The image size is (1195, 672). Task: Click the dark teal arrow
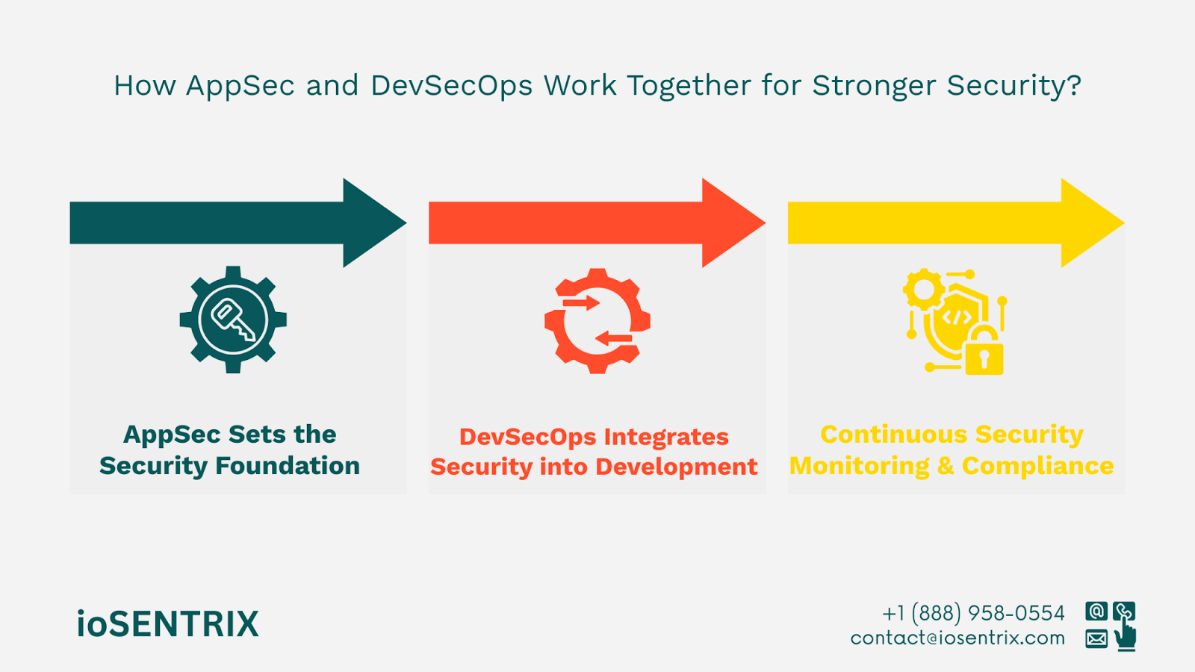click(238, 223)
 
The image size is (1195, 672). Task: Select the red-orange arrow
click(597, 223)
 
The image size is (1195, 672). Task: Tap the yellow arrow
click(956, 223)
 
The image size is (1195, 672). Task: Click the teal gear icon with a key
click(233, 320)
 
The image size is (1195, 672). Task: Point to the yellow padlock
click(984, 352)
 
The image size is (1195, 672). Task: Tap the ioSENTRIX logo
click(167, 623)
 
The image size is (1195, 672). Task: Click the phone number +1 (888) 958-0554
click(974, 613)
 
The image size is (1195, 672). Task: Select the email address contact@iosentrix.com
click(957, 638)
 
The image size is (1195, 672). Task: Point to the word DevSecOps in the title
click(451, 86)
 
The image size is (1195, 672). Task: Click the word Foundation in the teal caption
click(288, 466)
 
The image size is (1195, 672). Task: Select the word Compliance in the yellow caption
click(1038, 467)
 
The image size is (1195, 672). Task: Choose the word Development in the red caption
click(677, 467)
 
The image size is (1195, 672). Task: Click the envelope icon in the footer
click(1096, 638)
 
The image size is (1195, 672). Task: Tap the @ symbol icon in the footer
click(1096, 612)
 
